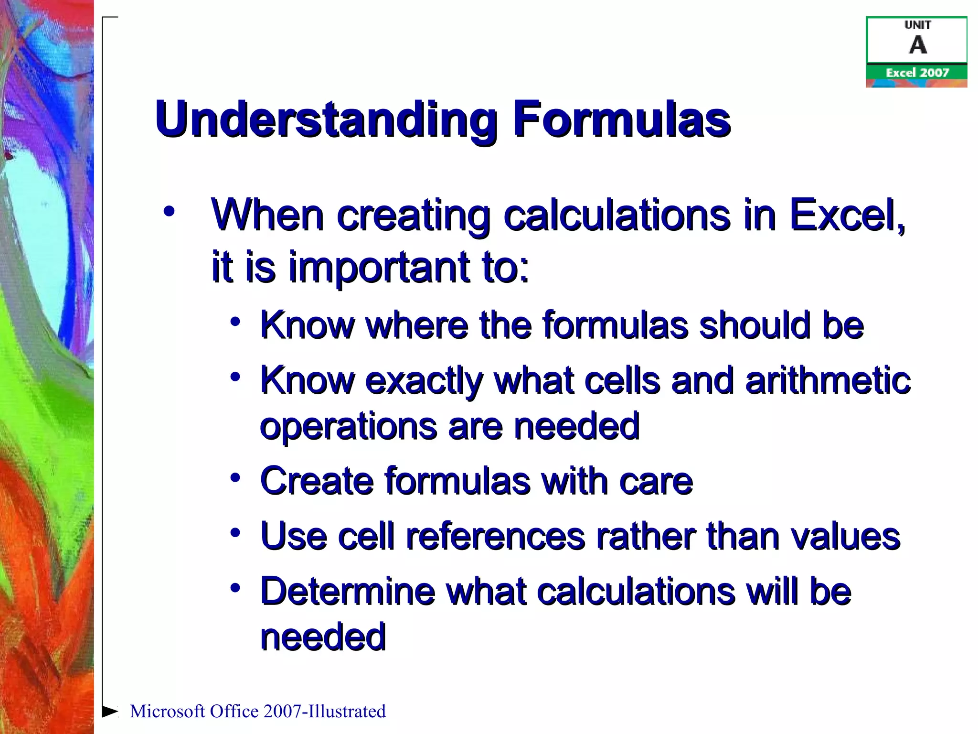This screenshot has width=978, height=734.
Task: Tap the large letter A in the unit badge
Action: point(917,45)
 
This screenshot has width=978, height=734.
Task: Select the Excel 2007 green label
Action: point(917,73)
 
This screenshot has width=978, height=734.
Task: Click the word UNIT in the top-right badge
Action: point(917,25)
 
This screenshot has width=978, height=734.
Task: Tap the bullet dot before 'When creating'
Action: point(169,211)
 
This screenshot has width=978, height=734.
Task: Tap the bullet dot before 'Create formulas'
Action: point(234,477)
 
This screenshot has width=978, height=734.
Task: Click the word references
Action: point(495,536)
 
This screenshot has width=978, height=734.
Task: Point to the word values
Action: point(846,536)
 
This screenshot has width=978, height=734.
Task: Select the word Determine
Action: point(348,592)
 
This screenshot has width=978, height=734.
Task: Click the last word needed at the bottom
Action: point(323,637)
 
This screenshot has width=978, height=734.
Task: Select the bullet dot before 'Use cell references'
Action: point(234,532)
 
